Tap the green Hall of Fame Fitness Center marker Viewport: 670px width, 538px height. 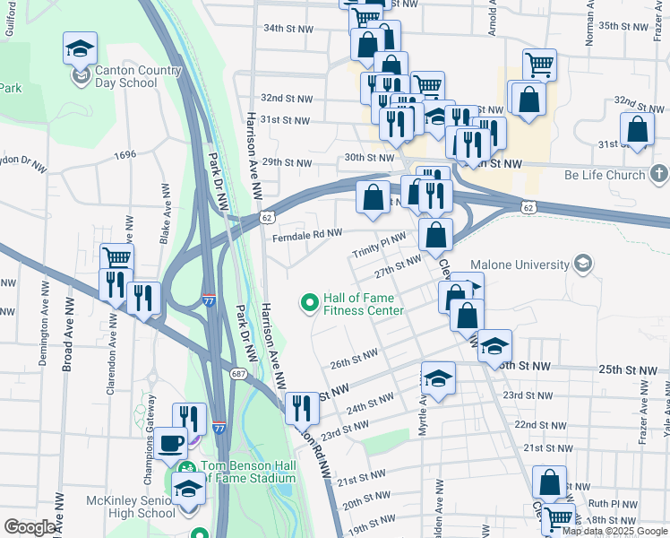click(x=311, y=303)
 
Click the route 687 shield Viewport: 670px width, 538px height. click(x=236, y=373)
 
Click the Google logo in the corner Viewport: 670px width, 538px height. click(x=30, y=527)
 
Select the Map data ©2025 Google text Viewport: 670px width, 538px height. click(x=615, y=531)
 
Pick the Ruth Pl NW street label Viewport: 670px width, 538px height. click(x=611, y=504)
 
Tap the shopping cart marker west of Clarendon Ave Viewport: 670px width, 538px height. click(x=116, y=258)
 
